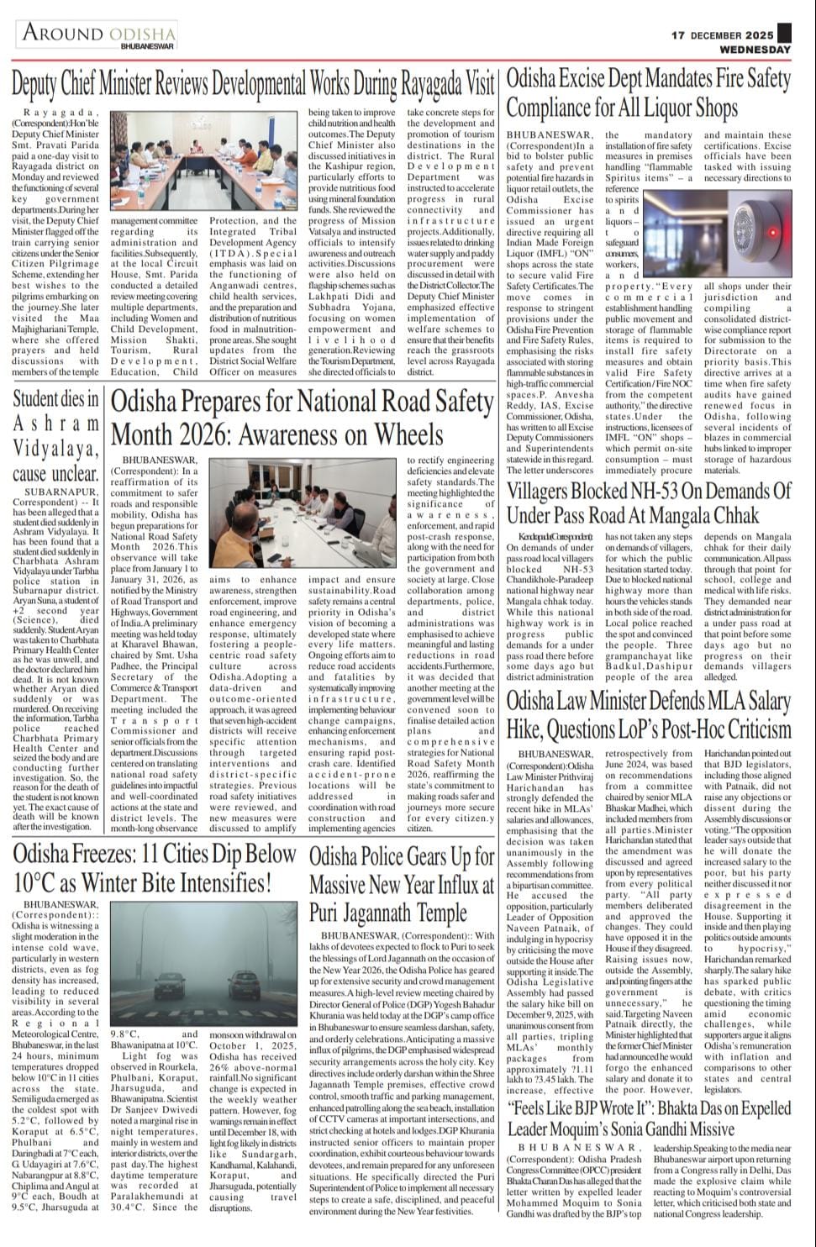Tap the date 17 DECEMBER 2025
pos(722,35)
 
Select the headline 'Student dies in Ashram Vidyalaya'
pos(55,435)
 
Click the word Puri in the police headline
pos(327,913)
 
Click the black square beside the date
pos(784,33)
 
